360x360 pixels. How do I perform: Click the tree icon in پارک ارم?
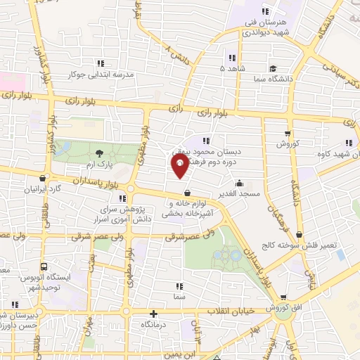(x=99, y=152)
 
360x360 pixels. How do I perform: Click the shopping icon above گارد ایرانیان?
(x=44, y=178)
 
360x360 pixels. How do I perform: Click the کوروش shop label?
(x=288, y=143)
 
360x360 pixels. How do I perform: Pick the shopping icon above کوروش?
(x=287, y=133)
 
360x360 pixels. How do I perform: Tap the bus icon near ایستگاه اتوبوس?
(x=44, y=267)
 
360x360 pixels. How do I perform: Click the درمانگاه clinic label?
(x=154, y=325)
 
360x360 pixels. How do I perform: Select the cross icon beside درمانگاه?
(x=154, y=314)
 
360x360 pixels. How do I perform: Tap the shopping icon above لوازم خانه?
(x=187, y=193)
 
